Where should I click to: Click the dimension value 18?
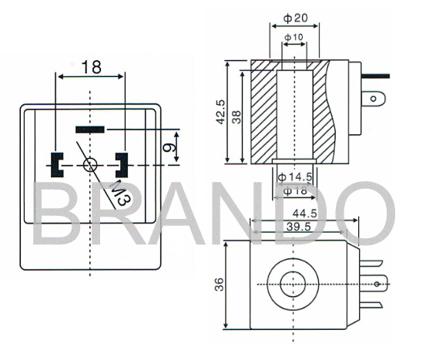pos(91,67)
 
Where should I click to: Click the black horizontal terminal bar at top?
pos(92,128)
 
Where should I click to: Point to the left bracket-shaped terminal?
pos(56,163)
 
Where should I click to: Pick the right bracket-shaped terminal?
pos(122,163)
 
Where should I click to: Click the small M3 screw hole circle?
pos(91,163)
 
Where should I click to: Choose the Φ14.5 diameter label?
pos(294,177)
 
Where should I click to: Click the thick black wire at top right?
pos(377,76)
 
